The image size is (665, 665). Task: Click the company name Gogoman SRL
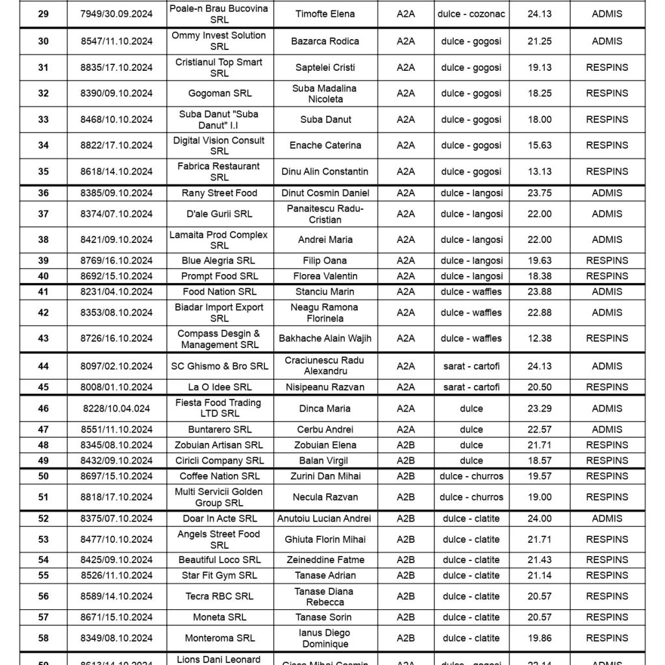click(x=220, y=94)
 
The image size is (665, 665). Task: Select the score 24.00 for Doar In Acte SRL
click(x=540, y=519)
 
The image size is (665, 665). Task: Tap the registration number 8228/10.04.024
click(x=117, y=408)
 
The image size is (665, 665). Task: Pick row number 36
click(x=43, y=193)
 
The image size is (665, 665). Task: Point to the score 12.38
click(x=540, y=338)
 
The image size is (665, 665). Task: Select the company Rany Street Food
click(x=220, y=193)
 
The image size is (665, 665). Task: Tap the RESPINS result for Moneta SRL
click(x=607, y=617)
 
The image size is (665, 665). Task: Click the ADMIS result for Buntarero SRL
click(x=607, y=429)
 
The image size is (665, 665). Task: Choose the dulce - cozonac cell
click(x=471, y=14)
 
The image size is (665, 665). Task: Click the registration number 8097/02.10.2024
click(x=117, y=366)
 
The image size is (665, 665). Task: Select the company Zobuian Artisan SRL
click(x=220, y=445)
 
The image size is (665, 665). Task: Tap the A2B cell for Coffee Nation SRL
click(x=406, y=476)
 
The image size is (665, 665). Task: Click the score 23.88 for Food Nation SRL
click(x=540, y=292)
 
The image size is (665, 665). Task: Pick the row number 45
click(x=43, y=387)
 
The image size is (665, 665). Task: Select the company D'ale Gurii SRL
click(x=220, y=214)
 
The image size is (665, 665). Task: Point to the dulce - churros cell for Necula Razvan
click(x=471, y=497)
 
